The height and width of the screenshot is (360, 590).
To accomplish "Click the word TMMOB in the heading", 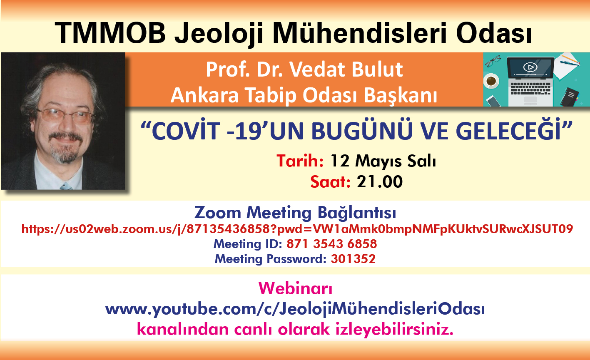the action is pyautogui.click(x=110, y=33).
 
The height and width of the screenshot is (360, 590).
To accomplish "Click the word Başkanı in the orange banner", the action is pyautogui.click(x=401, y=95).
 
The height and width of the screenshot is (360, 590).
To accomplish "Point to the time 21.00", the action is pyautogui.click(x=380, y=181).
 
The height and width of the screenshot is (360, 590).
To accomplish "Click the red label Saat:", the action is pyautogui.click(x=330, y=181).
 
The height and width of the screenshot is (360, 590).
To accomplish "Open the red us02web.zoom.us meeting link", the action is pyautogui.click(x=297, y=229).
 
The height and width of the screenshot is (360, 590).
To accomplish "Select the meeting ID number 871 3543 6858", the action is pyautogui.click(x=332, y=244).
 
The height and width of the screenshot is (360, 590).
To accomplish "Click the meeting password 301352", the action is pyautogui.click(x=353, y=259).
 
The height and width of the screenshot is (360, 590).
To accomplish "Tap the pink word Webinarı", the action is pyautogui.click(x=295, y=288).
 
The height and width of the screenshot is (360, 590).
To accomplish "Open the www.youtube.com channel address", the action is pyautogui.click(x=295, y=309).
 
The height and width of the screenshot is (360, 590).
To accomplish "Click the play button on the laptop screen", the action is pyautogui.click(x=530, y=67).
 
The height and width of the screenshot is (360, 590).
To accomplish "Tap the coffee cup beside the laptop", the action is pyautogui.click(x=491, y=81).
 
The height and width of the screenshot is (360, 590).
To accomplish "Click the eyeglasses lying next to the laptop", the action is pyautogui.click(x=493, y=61).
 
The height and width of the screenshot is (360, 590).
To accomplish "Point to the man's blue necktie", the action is pyautogui.click(x=66, y=186).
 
